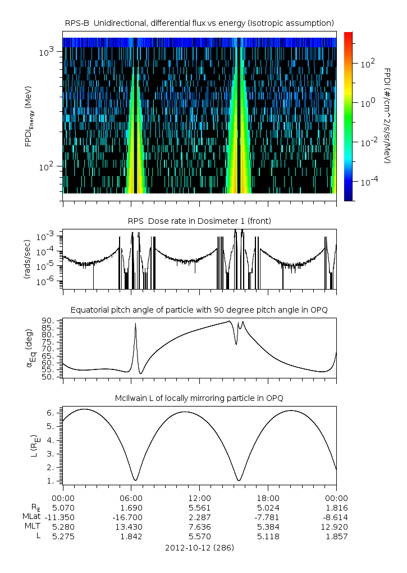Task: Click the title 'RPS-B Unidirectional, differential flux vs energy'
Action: coord(200,22)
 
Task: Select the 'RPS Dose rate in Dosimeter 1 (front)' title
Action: coord(199,221)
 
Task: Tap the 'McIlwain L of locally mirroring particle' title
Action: coord(199,398)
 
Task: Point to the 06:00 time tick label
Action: coord(131,498)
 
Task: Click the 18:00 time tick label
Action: coord(268,498)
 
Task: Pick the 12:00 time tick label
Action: coord(199,498)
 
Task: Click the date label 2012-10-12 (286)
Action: coord(199,547)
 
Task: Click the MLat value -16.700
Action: coord(131,517)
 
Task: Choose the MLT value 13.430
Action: coord(131,527)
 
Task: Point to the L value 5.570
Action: coord(199,536)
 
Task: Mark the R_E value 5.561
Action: coord(199,507)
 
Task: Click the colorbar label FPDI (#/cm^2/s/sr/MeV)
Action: coord(387,116)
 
